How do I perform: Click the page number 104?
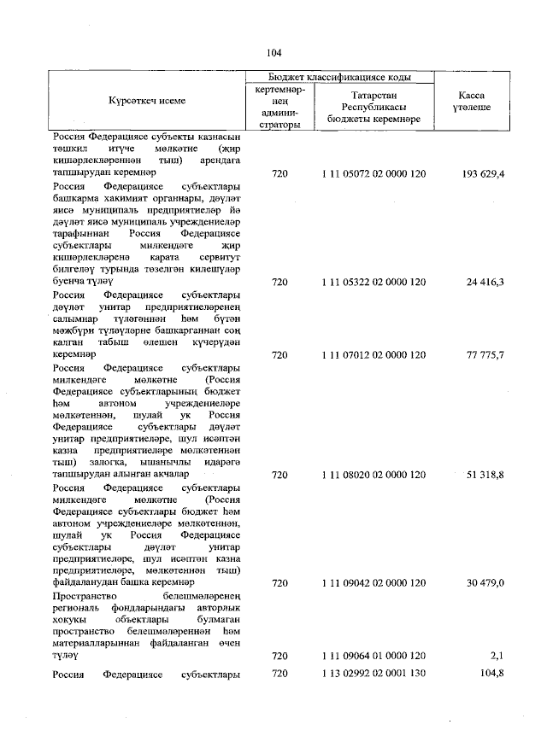click(273, 53)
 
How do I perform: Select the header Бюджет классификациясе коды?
click(341, 77)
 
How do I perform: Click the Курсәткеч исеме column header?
click(147, 101)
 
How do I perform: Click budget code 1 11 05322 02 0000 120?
click(373, 281)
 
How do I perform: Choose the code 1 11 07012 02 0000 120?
click(373, 353)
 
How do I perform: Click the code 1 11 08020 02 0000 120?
click(373, 474)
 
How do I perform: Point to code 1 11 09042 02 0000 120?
click(373, 582)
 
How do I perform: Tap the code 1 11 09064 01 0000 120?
click(373, 655)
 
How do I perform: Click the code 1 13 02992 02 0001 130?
click(373, 674)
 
